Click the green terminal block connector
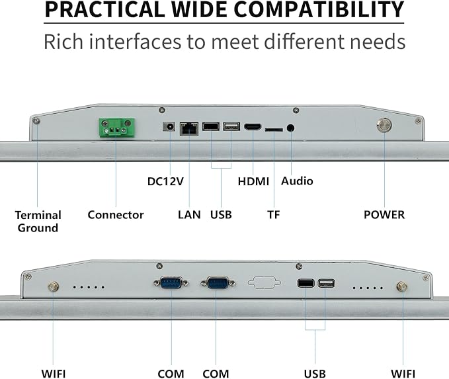[x=116, y=128]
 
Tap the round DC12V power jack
[x=169, y=126]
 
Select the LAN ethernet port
[x=189, y=128]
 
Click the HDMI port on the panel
[x=253, y=126]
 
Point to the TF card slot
[x=274, y=130]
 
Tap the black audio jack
[x=291, y=128]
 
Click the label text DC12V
[x=165, y=181]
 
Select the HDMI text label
[x=253, y=181]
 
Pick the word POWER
[x=384, y=214]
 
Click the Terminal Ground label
[x=38, y=221]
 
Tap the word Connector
[x=116, y=214]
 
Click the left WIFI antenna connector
[x=54, y=286]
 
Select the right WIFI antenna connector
[x=402, y=286]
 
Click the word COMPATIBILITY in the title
[x=319, y=9]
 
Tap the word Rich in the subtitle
[x=63, y=42]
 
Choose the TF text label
[x=274, y=214]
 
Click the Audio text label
[x=297, y=181]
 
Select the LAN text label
[x=189, y=214]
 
